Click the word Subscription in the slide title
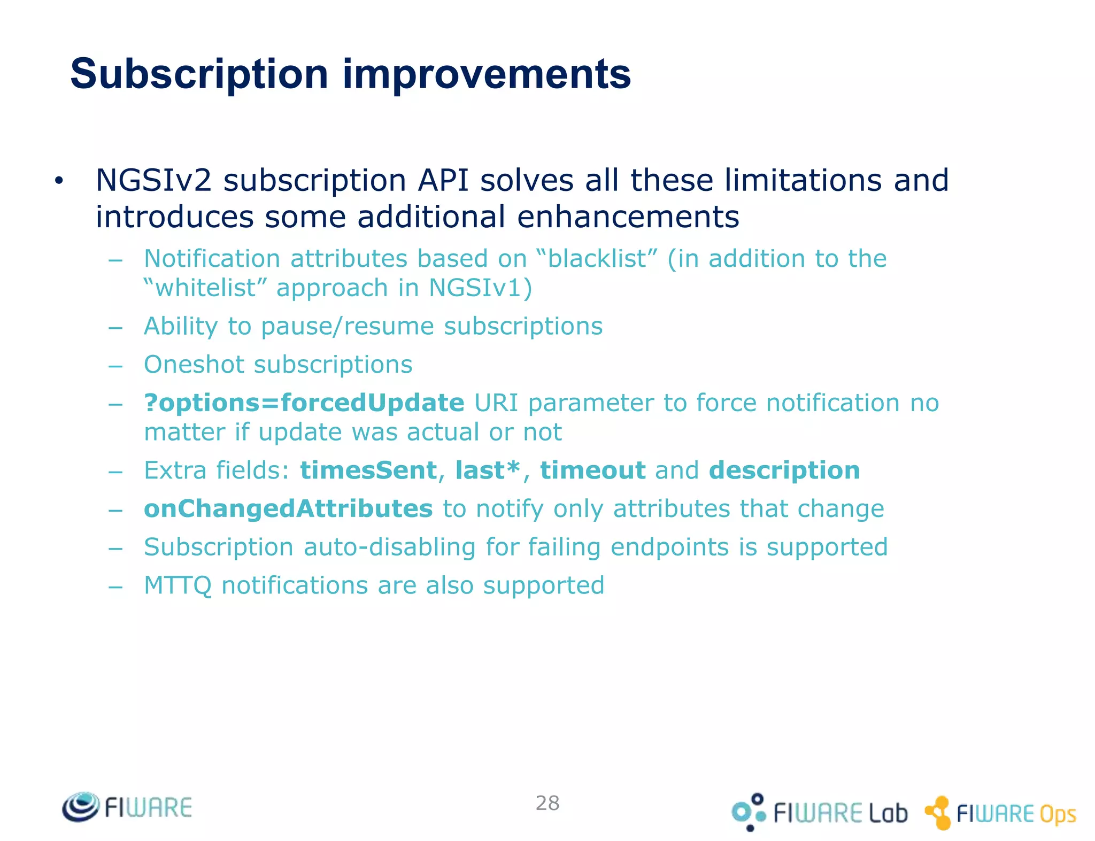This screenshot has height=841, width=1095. [x=199, y=75]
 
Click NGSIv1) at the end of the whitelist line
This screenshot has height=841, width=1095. [x=480, y=288]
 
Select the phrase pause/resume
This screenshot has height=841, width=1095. [x=348, y=327]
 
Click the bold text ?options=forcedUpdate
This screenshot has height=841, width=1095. [x=304, y=403]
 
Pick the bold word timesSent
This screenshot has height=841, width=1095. [x=369, y=470]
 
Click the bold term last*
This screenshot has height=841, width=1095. [x=487, y=470]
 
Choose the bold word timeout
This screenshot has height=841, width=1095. [x=593, y=470]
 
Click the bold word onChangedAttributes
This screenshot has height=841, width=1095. [x=288, y=509]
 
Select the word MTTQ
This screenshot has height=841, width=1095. [x=178, y=586]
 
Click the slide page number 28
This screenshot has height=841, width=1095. [x=547, y=803]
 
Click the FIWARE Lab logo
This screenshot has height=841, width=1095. [x=819, y=813]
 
